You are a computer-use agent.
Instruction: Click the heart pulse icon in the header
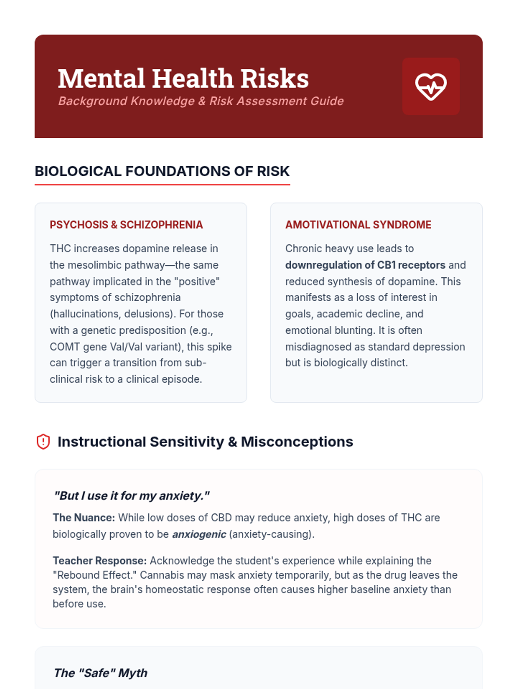tap(431, 86)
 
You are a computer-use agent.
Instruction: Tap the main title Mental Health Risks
tap(183, 78)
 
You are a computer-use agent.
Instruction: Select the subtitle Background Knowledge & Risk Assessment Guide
tap(201, 101)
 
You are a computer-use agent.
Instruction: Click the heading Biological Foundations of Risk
tap(162, 171)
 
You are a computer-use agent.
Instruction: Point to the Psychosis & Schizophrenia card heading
tap(126, 225)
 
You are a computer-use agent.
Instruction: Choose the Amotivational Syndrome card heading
tap(358, 225)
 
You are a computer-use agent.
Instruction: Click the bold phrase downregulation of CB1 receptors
tap(365, 265)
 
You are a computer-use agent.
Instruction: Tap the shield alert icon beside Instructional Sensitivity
tap(43, 442)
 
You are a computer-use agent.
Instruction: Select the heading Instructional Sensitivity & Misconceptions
tap(205, 442)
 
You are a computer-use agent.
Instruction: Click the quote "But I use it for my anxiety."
tap(131, 496)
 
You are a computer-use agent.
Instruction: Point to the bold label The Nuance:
tap(84, 518)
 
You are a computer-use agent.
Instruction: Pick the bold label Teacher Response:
tap(100, 561)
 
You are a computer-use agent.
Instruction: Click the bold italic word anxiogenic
tap(199, 534)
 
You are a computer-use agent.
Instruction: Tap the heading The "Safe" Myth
tap(100, 673)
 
